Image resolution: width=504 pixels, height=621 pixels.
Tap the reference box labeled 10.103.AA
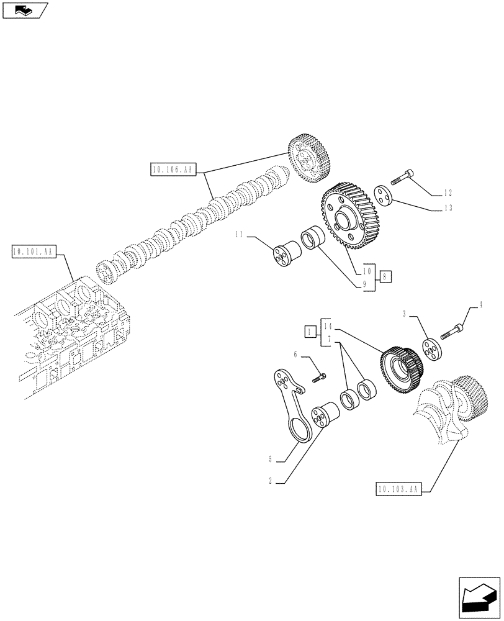(x=398, y=490)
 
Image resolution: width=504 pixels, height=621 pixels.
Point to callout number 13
(x=448, y=208)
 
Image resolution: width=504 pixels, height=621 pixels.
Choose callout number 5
(x=271, y=460)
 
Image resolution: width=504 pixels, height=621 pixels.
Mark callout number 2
(x=271, y=481)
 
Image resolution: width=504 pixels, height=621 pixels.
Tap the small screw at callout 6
(x=320, y=376)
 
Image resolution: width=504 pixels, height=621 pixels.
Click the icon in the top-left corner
(x=25, y=10)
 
